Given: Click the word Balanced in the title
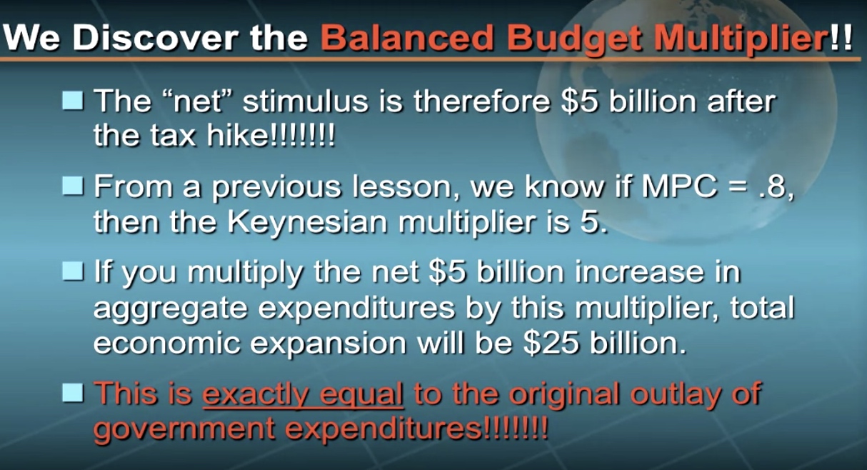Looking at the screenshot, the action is [407, 37].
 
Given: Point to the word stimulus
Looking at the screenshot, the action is [306, 101].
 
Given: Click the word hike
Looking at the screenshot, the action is [236, 136].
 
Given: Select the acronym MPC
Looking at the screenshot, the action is [679, 186].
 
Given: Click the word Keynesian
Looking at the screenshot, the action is [307, 222].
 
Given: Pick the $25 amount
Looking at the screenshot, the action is [551, 343].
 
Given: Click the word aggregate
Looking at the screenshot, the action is [171, 309].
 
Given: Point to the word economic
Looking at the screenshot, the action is [167, 342].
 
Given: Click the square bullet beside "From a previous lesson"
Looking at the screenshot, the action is [73, 186].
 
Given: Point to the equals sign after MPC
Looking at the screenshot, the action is [737, 187].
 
